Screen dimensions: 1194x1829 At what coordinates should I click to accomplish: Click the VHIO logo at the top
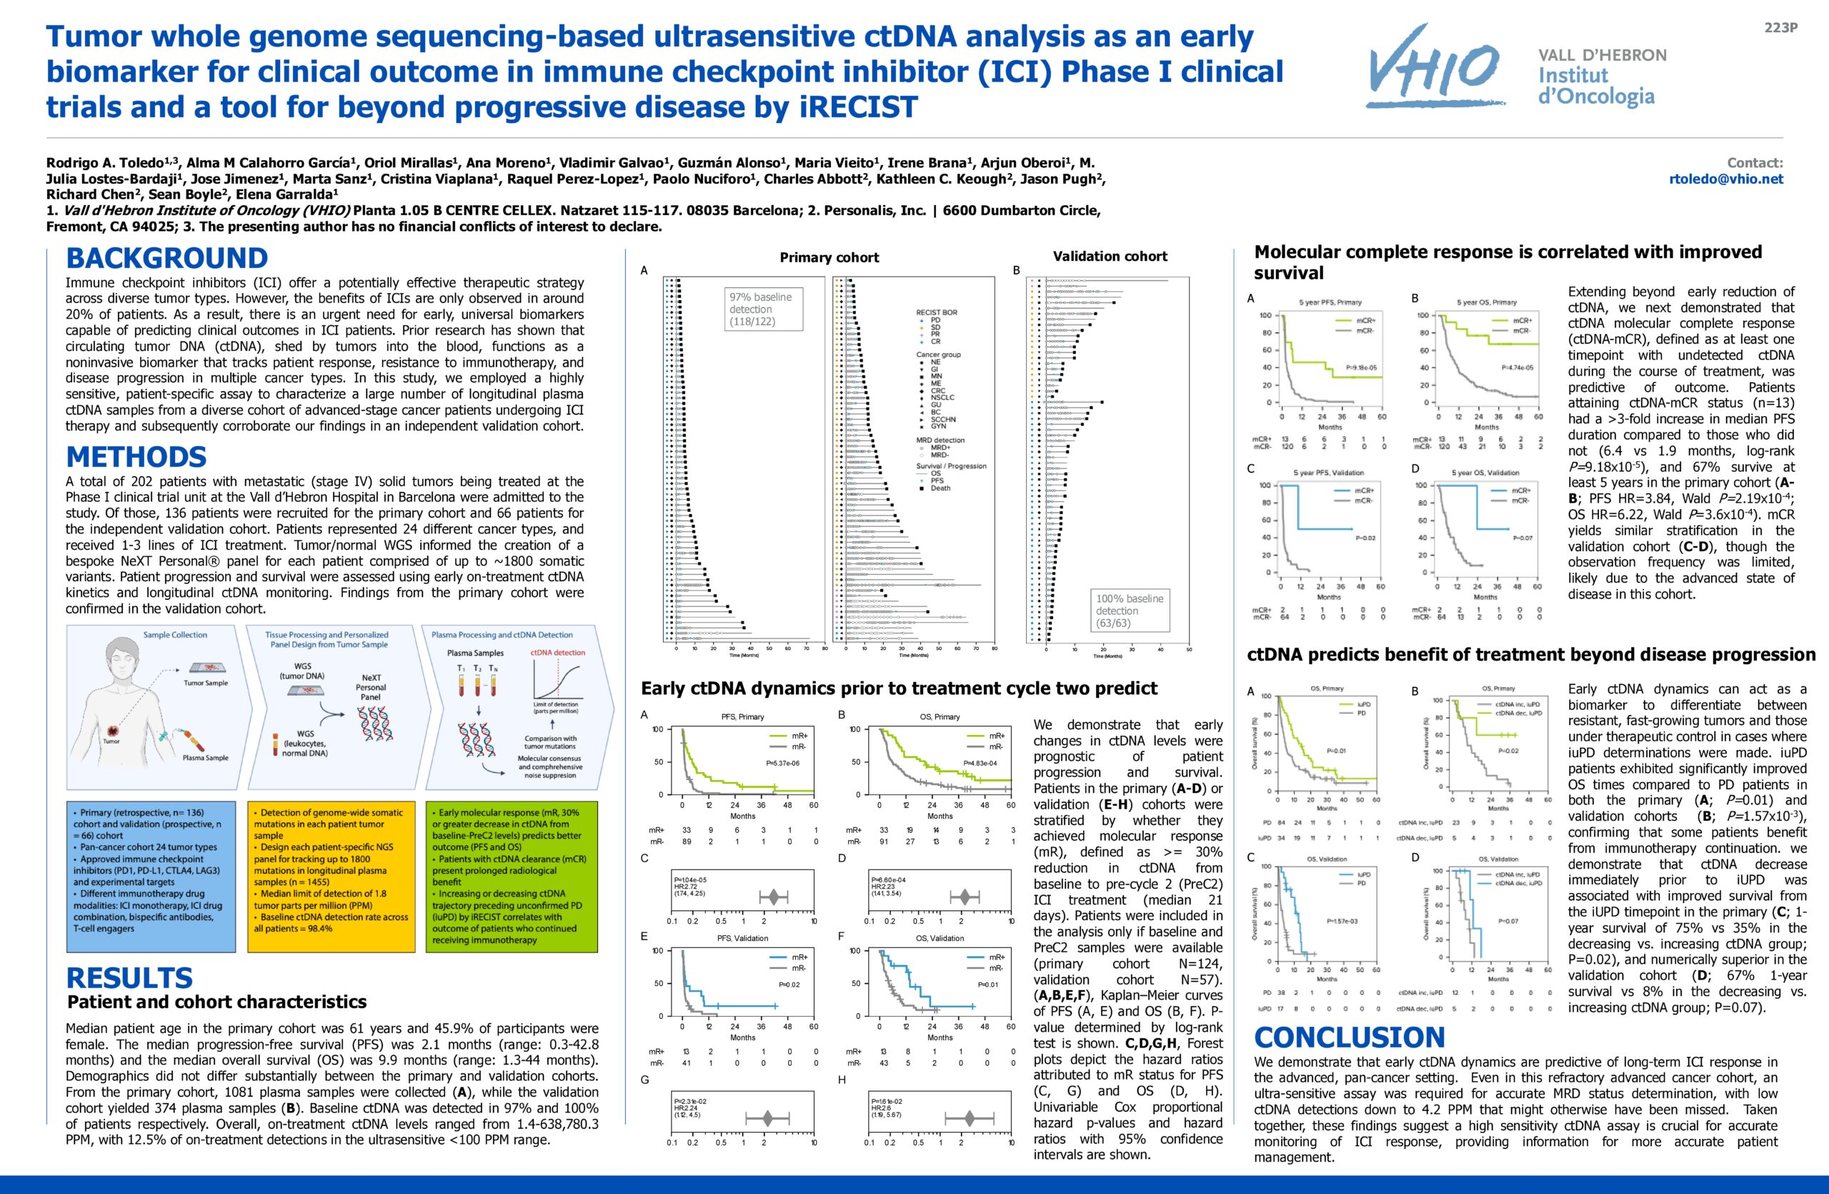1432,67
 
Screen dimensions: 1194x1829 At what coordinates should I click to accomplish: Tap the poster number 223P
1780,28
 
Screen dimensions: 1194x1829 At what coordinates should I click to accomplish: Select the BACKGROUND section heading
166,257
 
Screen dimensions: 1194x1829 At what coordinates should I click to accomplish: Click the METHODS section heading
136,457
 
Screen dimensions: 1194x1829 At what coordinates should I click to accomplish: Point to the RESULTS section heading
129,978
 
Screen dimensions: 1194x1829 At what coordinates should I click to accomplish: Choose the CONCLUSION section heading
1350,1037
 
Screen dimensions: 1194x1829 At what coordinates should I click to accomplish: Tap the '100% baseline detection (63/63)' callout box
1129,611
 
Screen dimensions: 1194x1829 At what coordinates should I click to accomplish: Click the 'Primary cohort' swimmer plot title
829,257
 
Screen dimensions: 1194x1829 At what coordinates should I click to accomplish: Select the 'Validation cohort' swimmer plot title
1110,256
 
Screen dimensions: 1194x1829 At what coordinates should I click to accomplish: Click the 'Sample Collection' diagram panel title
175,635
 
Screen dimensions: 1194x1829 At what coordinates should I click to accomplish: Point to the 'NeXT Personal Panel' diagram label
370,687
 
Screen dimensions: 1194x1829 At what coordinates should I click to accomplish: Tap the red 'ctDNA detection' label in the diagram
558,653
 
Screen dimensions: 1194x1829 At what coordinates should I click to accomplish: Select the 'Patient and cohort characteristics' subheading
216,1002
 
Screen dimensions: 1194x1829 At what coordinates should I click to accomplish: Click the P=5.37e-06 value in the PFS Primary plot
782,764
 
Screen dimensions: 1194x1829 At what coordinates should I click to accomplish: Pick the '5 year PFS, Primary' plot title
1330,302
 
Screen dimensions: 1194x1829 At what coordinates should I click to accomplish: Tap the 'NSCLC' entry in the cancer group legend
942,398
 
